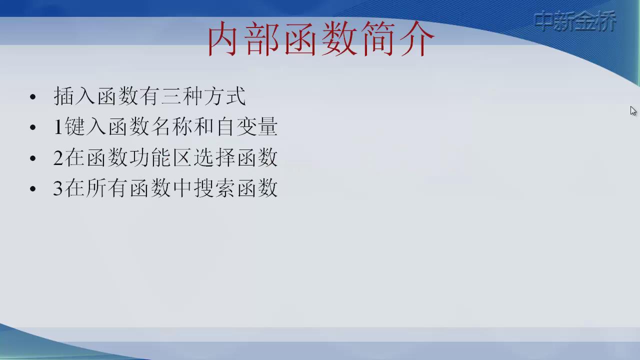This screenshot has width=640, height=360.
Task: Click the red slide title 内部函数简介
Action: (x=321, y=38)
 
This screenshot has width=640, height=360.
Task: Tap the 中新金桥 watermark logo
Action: (x=575, y=20)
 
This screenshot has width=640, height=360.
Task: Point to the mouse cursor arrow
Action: (x=633, y=111)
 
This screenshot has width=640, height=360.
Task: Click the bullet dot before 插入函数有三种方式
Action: (x=33, y=97)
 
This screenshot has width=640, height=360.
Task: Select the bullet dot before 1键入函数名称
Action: (x=33, y=127)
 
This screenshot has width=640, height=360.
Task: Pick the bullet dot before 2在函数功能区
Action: (x=33, y=158)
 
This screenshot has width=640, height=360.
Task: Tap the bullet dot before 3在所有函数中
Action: (x=33, y=188)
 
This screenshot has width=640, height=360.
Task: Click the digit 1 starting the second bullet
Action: (x=58, y=126)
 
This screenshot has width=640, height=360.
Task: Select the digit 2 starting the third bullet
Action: (x=58, y=157)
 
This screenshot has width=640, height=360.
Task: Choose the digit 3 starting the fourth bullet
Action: (x=58, y=188)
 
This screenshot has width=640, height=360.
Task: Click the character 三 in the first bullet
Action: (x=171, y=96)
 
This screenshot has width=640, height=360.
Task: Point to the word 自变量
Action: (x=247, y=126)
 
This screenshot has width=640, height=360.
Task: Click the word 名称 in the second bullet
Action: (x=171, y=126)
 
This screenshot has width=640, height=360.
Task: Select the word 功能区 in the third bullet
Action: (x=160, y=157)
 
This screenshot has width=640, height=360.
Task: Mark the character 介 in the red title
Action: (x=417, y=38)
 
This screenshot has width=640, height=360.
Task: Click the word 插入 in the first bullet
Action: (x=74, y=96)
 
